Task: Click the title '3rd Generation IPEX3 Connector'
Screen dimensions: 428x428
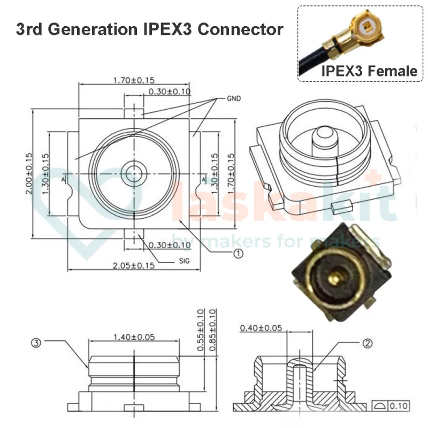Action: pyautogui.click(x=149, y=29)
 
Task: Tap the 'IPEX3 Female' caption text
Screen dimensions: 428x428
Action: pyautogui.click(x=369, y=70)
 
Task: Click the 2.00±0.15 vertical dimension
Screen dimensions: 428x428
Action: pyautogui.click(x=29, y=174)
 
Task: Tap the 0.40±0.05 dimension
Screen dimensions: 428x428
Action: pyautogui.click(x=261, y=327)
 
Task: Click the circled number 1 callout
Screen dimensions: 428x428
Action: pyautogui.click(x=238, y=254)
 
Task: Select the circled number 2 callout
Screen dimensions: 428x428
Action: pyautogui.click(x=367, y=344)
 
